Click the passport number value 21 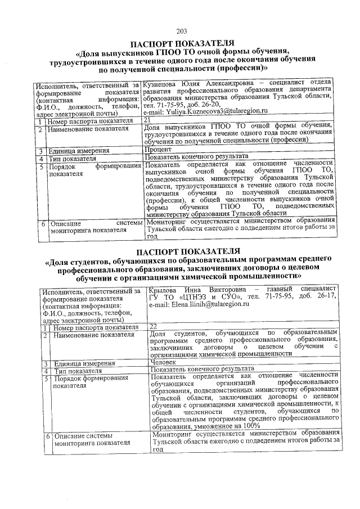(x=147, y=120)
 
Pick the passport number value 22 (x=153, y=326)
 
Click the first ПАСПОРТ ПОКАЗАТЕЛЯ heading (x=181, y=43)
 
